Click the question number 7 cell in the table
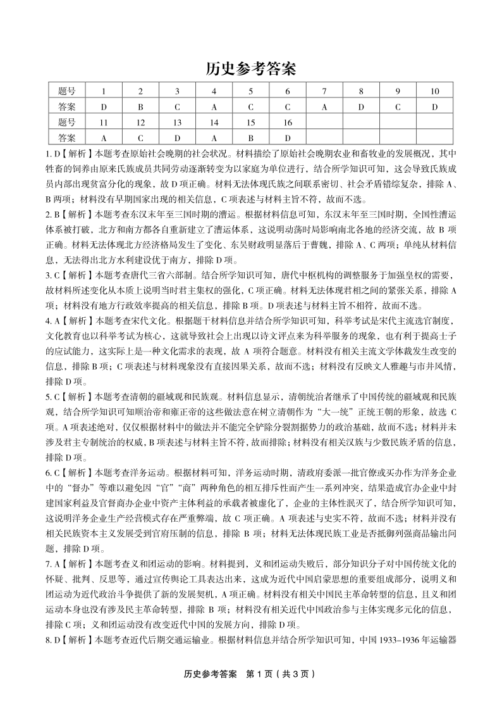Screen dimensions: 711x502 tap(324, 92)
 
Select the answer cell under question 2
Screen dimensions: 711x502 tap(140, 107)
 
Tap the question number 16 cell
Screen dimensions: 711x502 tap(287, 122)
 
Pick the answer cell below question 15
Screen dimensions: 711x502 tap(250, 137)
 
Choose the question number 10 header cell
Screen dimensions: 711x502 tap(434, 92)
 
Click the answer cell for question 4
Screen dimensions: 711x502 tap(214, 107)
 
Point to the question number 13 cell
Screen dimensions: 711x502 tap(177, 122)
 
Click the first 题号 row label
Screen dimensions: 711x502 tap(66, 92)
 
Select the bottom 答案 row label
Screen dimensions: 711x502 tap(66, 137)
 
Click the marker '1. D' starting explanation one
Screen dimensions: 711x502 tap(54, 153)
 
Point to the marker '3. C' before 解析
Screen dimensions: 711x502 tap(54, 275)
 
